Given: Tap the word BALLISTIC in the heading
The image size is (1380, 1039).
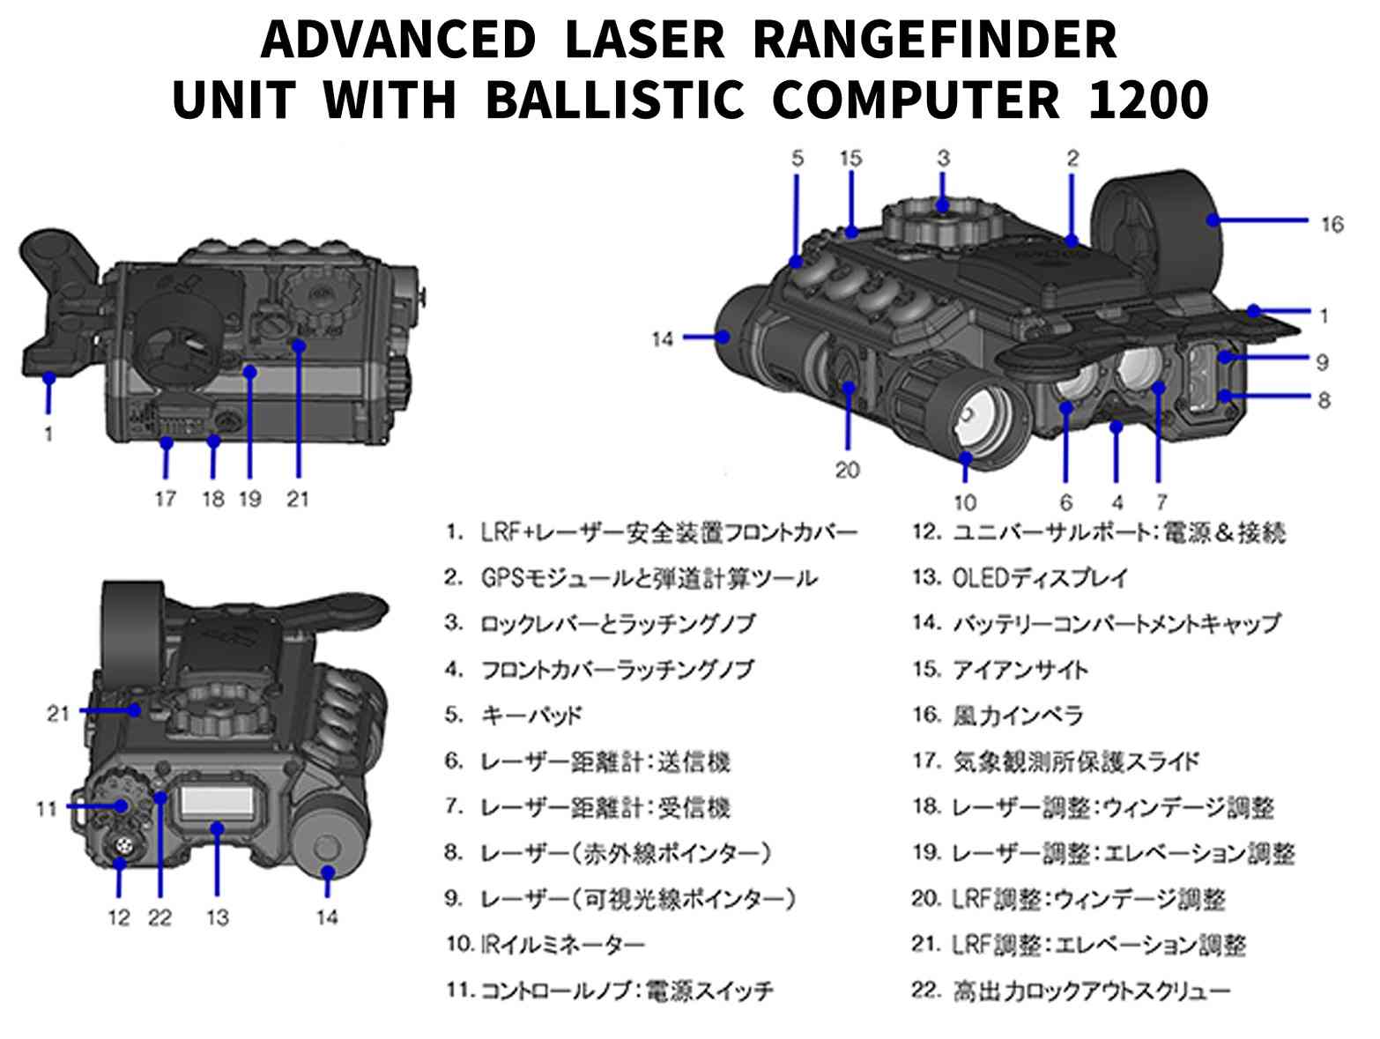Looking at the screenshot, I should click(614, 100).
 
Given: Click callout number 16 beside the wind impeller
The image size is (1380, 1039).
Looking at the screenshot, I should click(1331, 224).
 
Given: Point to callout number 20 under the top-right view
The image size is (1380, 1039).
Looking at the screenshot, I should click(846, 470).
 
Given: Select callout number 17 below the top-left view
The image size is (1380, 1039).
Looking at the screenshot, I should click(166, 499).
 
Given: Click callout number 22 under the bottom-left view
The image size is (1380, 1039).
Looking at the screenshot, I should click(160, 917).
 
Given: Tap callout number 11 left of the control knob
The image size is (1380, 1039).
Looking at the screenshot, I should click(47, 808).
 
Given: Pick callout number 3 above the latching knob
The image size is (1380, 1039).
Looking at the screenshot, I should click(943, 159).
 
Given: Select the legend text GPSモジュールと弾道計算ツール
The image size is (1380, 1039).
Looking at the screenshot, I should click(649, 578).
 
